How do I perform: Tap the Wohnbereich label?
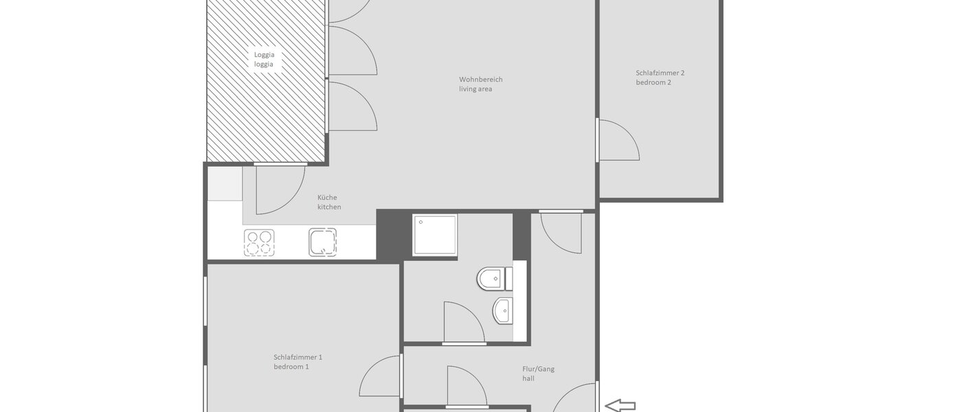click(x=480, y=79)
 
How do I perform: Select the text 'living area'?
click(x=476, y=89)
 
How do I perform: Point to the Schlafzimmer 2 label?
click(x=660, y=72)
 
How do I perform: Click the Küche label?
click(x=327, y=197)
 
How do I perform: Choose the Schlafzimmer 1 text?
click(x=298, y=356)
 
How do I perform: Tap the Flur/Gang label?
click(x=538, y=369)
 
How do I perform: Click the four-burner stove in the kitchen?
click(x=259, y=243)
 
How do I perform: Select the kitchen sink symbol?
click(x=323, y=242)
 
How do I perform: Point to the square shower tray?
click(x=434, y=235)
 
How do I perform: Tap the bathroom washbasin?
click(x=503, y=310)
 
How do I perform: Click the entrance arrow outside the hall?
click(x=620, y=406)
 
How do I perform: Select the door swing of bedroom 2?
click(x=618, y=141)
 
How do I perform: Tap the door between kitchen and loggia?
click(x=279, y=189)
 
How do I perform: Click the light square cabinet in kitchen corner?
click(x=225, y=183)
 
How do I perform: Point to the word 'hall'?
click(x=528, y=378)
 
